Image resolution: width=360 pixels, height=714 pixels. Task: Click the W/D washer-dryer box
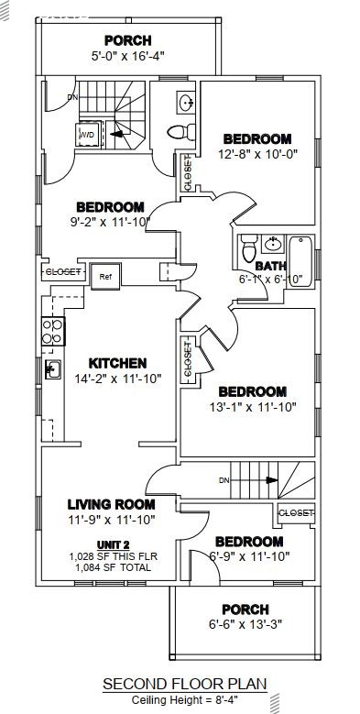[88, 136]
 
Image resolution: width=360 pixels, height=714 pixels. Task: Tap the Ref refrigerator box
[105, 276]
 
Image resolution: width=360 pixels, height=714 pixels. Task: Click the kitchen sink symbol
[52, 369]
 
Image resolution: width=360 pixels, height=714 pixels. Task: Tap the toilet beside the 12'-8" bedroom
[178, 131]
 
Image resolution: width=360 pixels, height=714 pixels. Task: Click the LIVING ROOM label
[111, 504]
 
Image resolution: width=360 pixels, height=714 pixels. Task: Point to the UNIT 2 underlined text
[111, 544]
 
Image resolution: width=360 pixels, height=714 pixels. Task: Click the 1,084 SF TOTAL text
[111, 567]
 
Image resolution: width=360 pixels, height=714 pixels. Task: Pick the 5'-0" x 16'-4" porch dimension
[127, 56]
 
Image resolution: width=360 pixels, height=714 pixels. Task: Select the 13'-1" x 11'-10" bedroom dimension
[252, 407]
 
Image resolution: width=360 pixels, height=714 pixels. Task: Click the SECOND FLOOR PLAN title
[184, 684]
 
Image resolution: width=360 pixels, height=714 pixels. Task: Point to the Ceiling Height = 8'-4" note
[184, 698]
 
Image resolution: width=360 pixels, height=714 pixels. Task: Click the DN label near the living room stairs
[224, 480]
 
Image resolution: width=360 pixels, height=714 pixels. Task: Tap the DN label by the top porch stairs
[73, 98]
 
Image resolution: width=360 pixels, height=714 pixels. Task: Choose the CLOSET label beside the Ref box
[63, 272]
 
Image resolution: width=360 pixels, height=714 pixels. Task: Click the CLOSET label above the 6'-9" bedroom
[295, 512]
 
